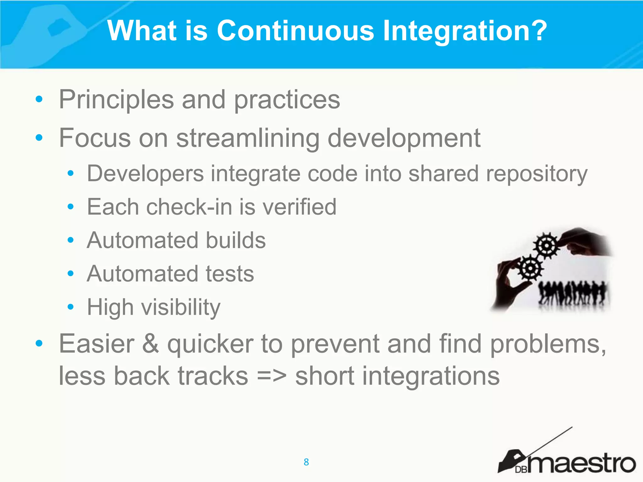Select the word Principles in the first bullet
coord(116,100)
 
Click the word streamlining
coord(248,138)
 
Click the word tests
coord(230,274)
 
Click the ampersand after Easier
coord(150,344)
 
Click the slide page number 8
coord(306,462)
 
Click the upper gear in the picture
coord(547,245)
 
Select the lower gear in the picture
coord(530,268)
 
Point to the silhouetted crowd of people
coord(573,293)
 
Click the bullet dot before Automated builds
coord(71,240)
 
